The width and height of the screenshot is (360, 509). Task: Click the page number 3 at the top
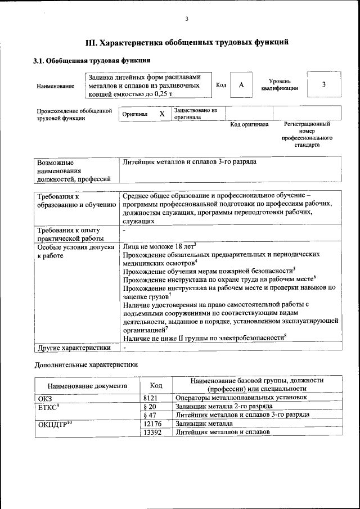tap(186, 19)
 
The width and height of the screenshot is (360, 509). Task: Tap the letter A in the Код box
tap(241, 85)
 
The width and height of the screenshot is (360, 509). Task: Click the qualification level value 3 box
tap(323, 84)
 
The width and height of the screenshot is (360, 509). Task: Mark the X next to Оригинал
tap(162, 114)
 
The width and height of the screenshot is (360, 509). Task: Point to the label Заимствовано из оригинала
tap(195, 114)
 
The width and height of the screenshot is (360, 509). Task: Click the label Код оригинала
tap(249, 124)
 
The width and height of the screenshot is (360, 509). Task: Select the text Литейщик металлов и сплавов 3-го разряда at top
tap(189, 162)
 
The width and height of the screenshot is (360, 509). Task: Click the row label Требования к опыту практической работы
tap(68, 235)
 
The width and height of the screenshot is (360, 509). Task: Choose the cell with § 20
tap(150, 406)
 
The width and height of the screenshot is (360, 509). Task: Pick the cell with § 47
tap(150, 415)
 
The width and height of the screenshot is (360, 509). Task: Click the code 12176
tap(153, 423)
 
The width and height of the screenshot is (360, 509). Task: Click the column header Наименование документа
tap(87, 386)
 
